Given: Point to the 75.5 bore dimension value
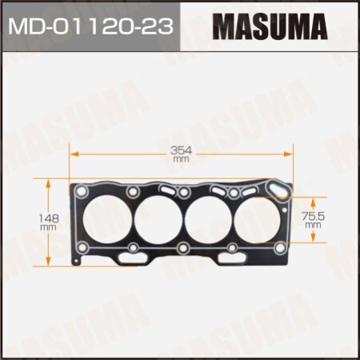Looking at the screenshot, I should tap(313, 215).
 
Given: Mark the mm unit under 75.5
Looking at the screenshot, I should tap(313, 226).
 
